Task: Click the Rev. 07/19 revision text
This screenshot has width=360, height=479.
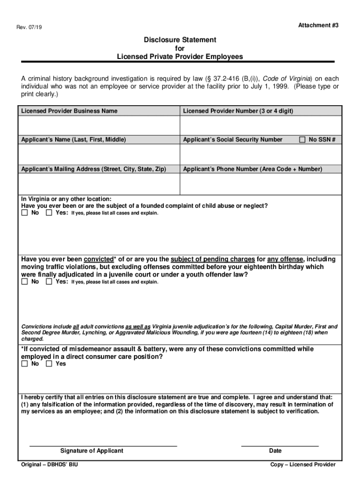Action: (29, 27)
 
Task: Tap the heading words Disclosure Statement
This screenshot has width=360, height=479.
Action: (180, 40)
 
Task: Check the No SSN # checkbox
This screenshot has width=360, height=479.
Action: (302, 139)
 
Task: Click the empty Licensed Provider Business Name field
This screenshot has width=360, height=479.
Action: (99, 125)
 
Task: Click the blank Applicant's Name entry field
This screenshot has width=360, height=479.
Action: (99, 154)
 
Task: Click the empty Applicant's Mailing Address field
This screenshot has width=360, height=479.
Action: (99, 183)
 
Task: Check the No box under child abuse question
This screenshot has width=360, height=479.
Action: (25, 213)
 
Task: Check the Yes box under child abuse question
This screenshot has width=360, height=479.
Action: (49, 213)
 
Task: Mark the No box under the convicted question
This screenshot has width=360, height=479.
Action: (25, 282)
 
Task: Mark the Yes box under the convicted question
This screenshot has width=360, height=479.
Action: (49, 282)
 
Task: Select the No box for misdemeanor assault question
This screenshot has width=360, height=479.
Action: (25, 364)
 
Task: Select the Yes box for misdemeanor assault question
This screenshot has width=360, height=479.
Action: (49, 364)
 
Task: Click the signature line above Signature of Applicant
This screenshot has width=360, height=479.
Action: (103, 445)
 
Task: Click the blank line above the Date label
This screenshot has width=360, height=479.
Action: (280, 445)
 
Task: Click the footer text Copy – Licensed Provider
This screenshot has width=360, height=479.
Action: (303, 464)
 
